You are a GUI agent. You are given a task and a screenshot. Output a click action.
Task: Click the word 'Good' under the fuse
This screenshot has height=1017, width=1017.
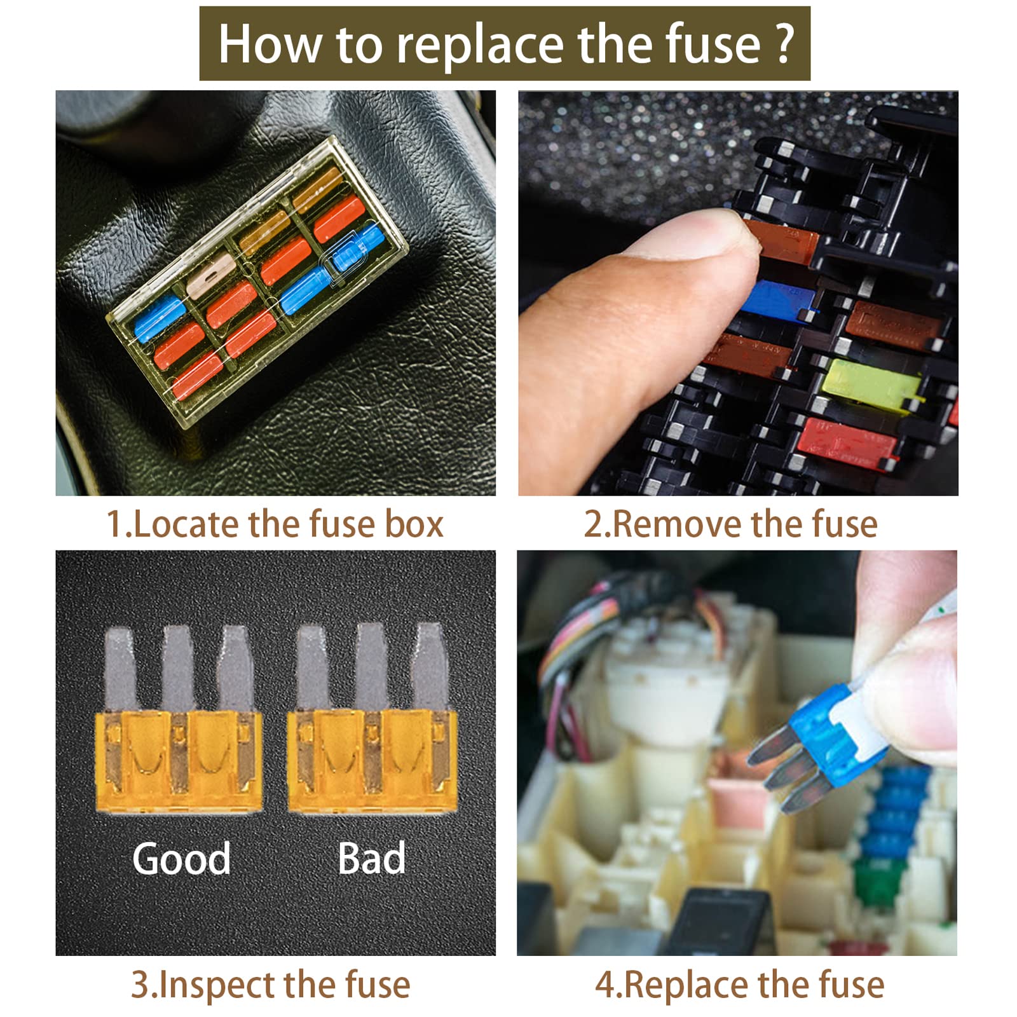coord(181,859)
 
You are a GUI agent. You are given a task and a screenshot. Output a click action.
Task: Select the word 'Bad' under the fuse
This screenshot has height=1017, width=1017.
coord(371,858)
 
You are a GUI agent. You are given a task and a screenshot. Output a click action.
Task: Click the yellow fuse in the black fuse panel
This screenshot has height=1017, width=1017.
coord(875,383)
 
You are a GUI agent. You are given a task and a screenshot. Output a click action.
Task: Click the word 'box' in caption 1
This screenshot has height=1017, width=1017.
coord(414,524)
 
